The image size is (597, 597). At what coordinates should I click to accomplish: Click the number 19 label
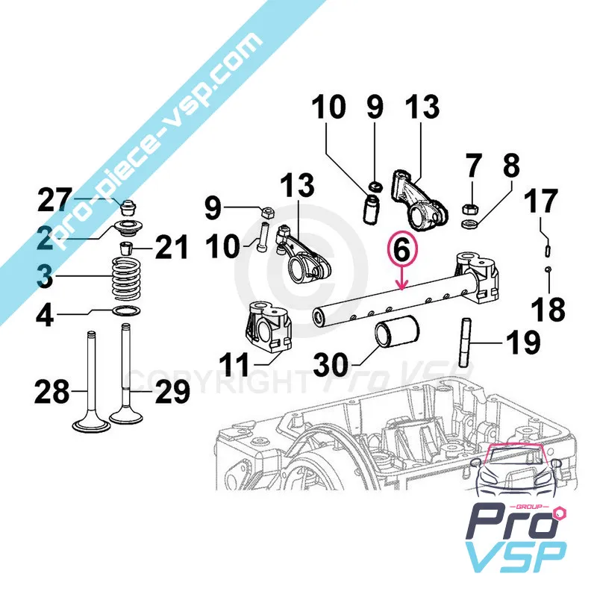522,343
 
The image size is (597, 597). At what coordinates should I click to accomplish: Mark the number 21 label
172,246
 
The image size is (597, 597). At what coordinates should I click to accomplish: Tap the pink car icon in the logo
518,472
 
